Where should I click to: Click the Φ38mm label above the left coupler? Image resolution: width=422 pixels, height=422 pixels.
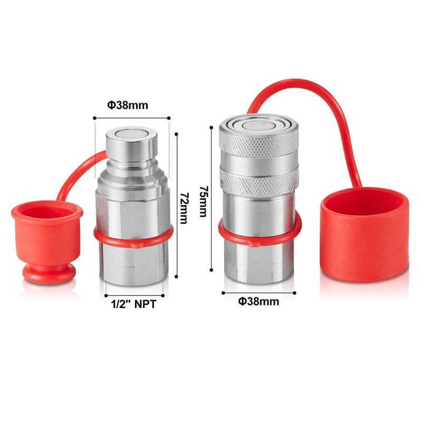(128, 105)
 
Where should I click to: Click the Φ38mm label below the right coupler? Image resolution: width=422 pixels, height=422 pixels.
(258, 301)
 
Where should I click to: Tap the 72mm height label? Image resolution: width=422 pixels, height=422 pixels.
(184, 208)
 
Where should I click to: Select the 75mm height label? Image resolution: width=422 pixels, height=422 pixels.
(203, 201)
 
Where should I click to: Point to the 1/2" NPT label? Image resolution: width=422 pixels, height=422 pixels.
(134, 304)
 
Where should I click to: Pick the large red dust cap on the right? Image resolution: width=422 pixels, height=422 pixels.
(365, 235)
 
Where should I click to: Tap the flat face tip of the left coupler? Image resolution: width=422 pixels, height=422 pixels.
(131, 133)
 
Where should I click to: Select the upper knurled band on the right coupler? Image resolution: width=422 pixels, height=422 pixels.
(259, 145)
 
